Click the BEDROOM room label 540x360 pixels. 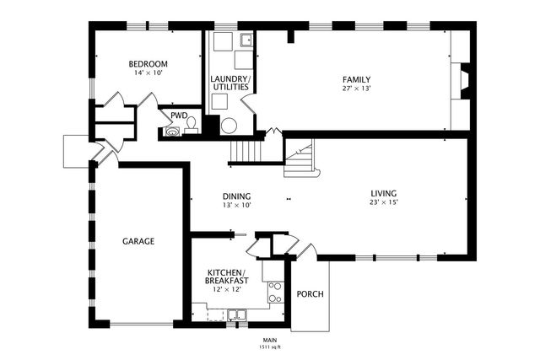click(x=148, y=64)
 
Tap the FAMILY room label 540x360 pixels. click(x=356, y=80)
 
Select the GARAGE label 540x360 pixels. click(x=138, y=241)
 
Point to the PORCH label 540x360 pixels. click(x=310, y=294)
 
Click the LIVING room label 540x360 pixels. click(x=384, y=193)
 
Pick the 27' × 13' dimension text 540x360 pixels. click(x=356, y=89)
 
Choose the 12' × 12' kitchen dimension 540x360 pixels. click(x=227, y=289)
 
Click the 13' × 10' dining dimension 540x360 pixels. click(x=236, y=205)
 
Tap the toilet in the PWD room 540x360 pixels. click(x=192, y=126)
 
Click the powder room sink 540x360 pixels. click(x=172, y=132)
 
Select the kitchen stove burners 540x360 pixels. click(x=276, y=293)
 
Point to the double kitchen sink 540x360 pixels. click(x=237, y=315)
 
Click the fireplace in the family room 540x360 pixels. click(x=465, y=81)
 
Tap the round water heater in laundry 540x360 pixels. click(x=229, y=126)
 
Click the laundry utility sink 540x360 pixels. click(x=246, y=40)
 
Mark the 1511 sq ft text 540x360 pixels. click(x=270, y=347)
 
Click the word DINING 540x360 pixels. click(x=236, y=196)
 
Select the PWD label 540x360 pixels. click(x=179, y=116)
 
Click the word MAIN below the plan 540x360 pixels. click(x=270, y=341)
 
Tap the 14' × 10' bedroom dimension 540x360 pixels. click(x=148, y=73)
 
